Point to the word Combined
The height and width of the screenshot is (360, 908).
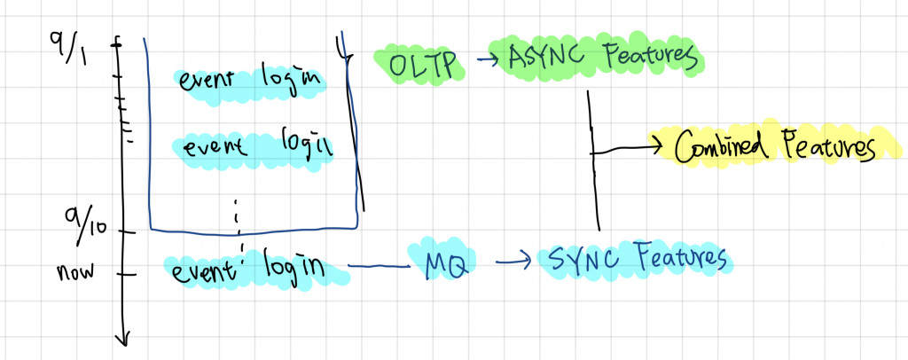[x=724, y=147]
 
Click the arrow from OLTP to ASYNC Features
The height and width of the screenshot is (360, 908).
[x=486, y=61]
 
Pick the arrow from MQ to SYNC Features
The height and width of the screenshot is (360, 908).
[x=513, y=262]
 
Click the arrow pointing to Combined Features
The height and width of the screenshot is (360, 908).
[x=630, y=146]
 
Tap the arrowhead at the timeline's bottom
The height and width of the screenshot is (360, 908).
[x=124, y=336]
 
